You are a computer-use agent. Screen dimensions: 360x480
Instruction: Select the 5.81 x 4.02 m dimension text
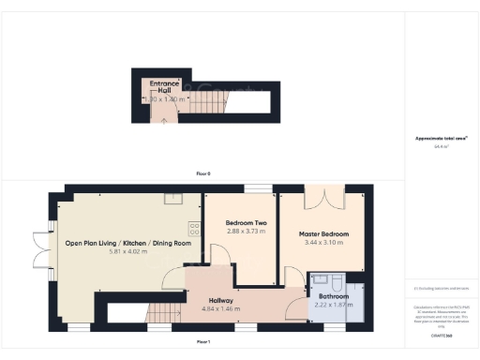tap(128, 251)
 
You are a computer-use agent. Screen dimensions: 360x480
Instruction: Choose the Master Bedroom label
tap(324, 233)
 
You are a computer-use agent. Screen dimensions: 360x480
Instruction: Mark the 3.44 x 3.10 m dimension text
tap(324, 242)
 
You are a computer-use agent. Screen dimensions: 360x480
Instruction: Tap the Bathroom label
tap(333, 296)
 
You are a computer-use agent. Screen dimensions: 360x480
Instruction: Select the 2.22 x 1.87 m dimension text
tap(333, 305)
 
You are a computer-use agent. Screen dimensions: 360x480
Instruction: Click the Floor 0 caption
tap(202, 174)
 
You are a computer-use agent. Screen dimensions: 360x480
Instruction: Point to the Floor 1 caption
tap(202, 340)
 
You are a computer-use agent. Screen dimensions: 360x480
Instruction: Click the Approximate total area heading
tap(442, 139)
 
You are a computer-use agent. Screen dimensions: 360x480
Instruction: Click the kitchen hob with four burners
tap(194, 228)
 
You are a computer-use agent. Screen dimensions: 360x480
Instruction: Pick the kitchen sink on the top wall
tap(172, 199)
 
